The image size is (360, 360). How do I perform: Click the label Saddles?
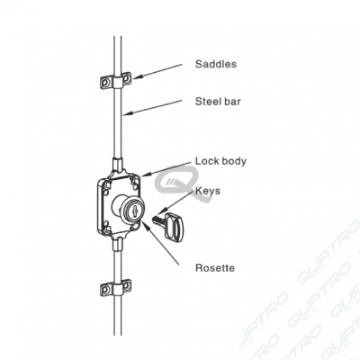(216, 64)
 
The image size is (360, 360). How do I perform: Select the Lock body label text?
(220, 161)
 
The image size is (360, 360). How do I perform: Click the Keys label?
(208, 191)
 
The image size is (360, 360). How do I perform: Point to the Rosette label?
(215, 267)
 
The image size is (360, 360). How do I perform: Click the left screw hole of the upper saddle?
(105, 82)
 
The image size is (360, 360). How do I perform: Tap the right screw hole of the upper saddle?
(126, 78)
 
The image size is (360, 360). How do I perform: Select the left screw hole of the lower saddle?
(105, 290)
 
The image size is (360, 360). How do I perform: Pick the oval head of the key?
(174, 226)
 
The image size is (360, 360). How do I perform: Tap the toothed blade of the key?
(157, 221)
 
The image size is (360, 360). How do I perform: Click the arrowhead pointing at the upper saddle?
(137, 77)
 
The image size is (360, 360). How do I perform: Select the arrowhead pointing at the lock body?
(144, 174)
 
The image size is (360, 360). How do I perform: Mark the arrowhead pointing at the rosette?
(144, 224)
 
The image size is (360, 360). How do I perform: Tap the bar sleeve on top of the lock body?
(117, 165)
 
